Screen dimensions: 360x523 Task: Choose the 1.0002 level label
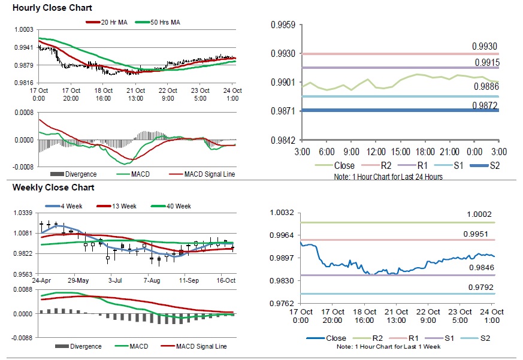click(480, 215)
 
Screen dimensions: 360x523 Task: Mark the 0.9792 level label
click(480, 288)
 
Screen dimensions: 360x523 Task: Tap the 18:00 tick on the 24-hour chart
click(425, 152)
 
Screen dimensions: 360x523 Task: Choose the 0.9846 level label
click(480, 268)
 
